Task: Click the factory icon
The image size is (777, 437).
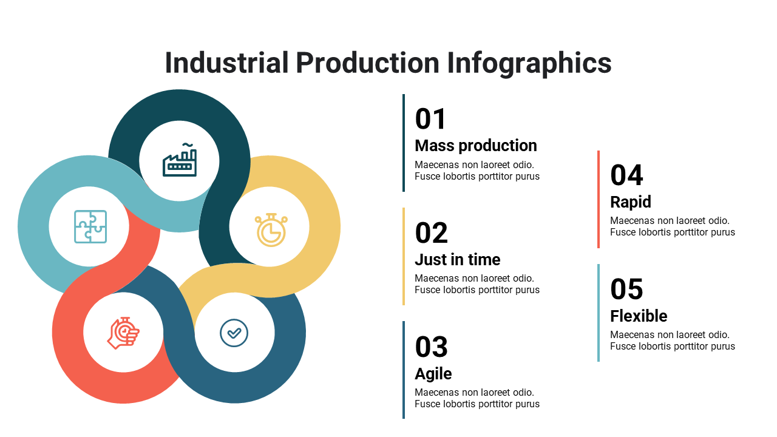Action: [x=180, y=160]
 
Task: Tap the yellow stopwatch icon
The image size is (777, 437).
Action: [x=271, y=230]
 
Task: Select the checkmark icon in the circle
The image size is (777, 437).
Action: [x=234, y=333]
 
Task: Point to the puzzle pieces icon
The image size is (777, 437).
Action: [x=90, y=226]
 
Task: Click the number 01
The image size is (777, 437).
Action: [x=430, y=119]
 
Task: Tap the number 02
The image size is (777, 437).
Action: [x=432, y=232]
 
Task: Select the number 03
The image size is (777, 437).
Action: [x=432, y=347]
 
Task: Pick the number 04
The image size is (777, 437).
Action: [x=626, y=175]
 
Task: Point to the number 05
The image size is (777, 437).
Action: [x=626, y=289]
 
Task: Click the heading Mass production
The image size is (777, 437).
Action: [x=476, y=146]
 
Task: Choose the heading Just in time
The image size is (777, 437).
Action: [x=458, y=259]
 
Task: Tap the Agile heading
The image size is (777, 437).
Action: [x=433, y=374]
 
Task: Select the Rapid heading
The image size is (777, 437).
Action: [x=631, y=202]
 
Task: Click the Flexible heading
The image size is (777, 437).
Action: [x=639, y=316]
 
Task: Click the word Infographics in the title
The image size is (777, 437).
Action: [x=529, y=64]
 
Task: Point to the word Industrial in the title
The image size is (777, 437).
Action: [x=226, y=63]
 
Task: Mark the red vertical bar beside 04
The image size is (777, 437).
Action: [x=599, y=200]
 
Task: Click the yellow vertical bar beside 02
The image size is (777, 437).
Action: [x=404, y=256]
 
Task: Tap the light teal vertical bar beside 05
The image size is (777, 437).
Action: [x=599, y=313]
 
